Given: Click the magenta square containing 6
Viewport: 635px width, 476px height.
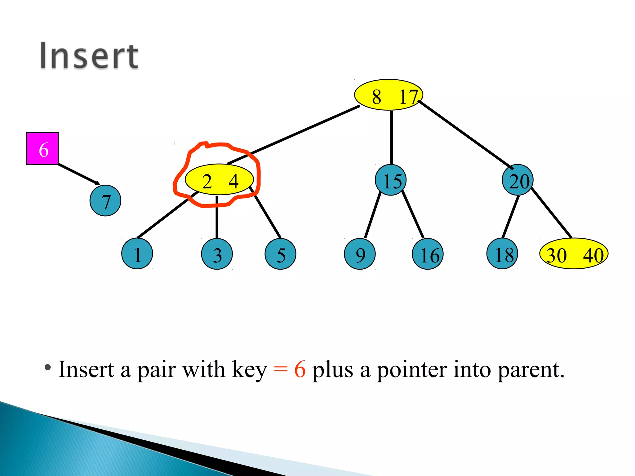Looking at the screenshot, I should pos(42,148).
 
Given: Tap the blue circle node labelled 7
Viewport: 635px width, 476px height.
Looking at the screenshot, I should pos(105,201).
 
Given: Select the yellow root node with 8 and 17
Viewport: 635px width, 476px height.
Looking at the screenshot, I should pos(388,95).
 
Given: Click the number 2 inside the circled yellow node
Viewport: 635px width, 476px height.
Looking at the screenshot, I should pos(207,181).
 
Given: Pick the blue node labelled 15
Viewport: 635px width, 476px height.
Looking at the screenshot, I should pos(391,180).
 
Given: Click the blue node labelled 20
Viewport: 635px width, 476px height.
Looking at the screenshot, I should pos(517,180).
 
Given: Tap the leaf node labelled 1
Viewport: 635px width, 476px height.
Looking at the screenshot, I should pos(137,254).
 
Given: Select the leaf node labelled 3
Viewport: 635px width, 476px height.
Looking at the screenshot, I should pos(217,254).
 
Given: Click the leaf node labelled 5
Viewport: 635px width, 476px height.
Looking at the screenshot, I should pos(280,254).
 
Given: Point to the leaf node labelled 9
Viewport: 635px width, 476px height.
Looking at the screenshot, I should pos(360,254).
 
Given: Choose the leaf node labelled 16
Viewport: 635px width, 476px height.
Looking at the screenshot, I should pos(428,254).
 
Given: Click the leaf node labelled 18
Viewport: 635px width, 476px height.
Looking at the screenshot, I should pos(502,254).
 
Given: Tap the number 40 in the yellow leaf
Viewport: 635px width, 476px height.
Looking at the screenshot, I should pos(593,255).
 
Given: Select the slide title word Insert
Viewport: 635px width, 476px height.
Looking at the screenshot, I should pos(89,56).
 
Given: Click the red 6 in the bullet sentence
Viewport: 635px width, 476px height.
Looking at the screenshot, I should pos(300,369).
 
